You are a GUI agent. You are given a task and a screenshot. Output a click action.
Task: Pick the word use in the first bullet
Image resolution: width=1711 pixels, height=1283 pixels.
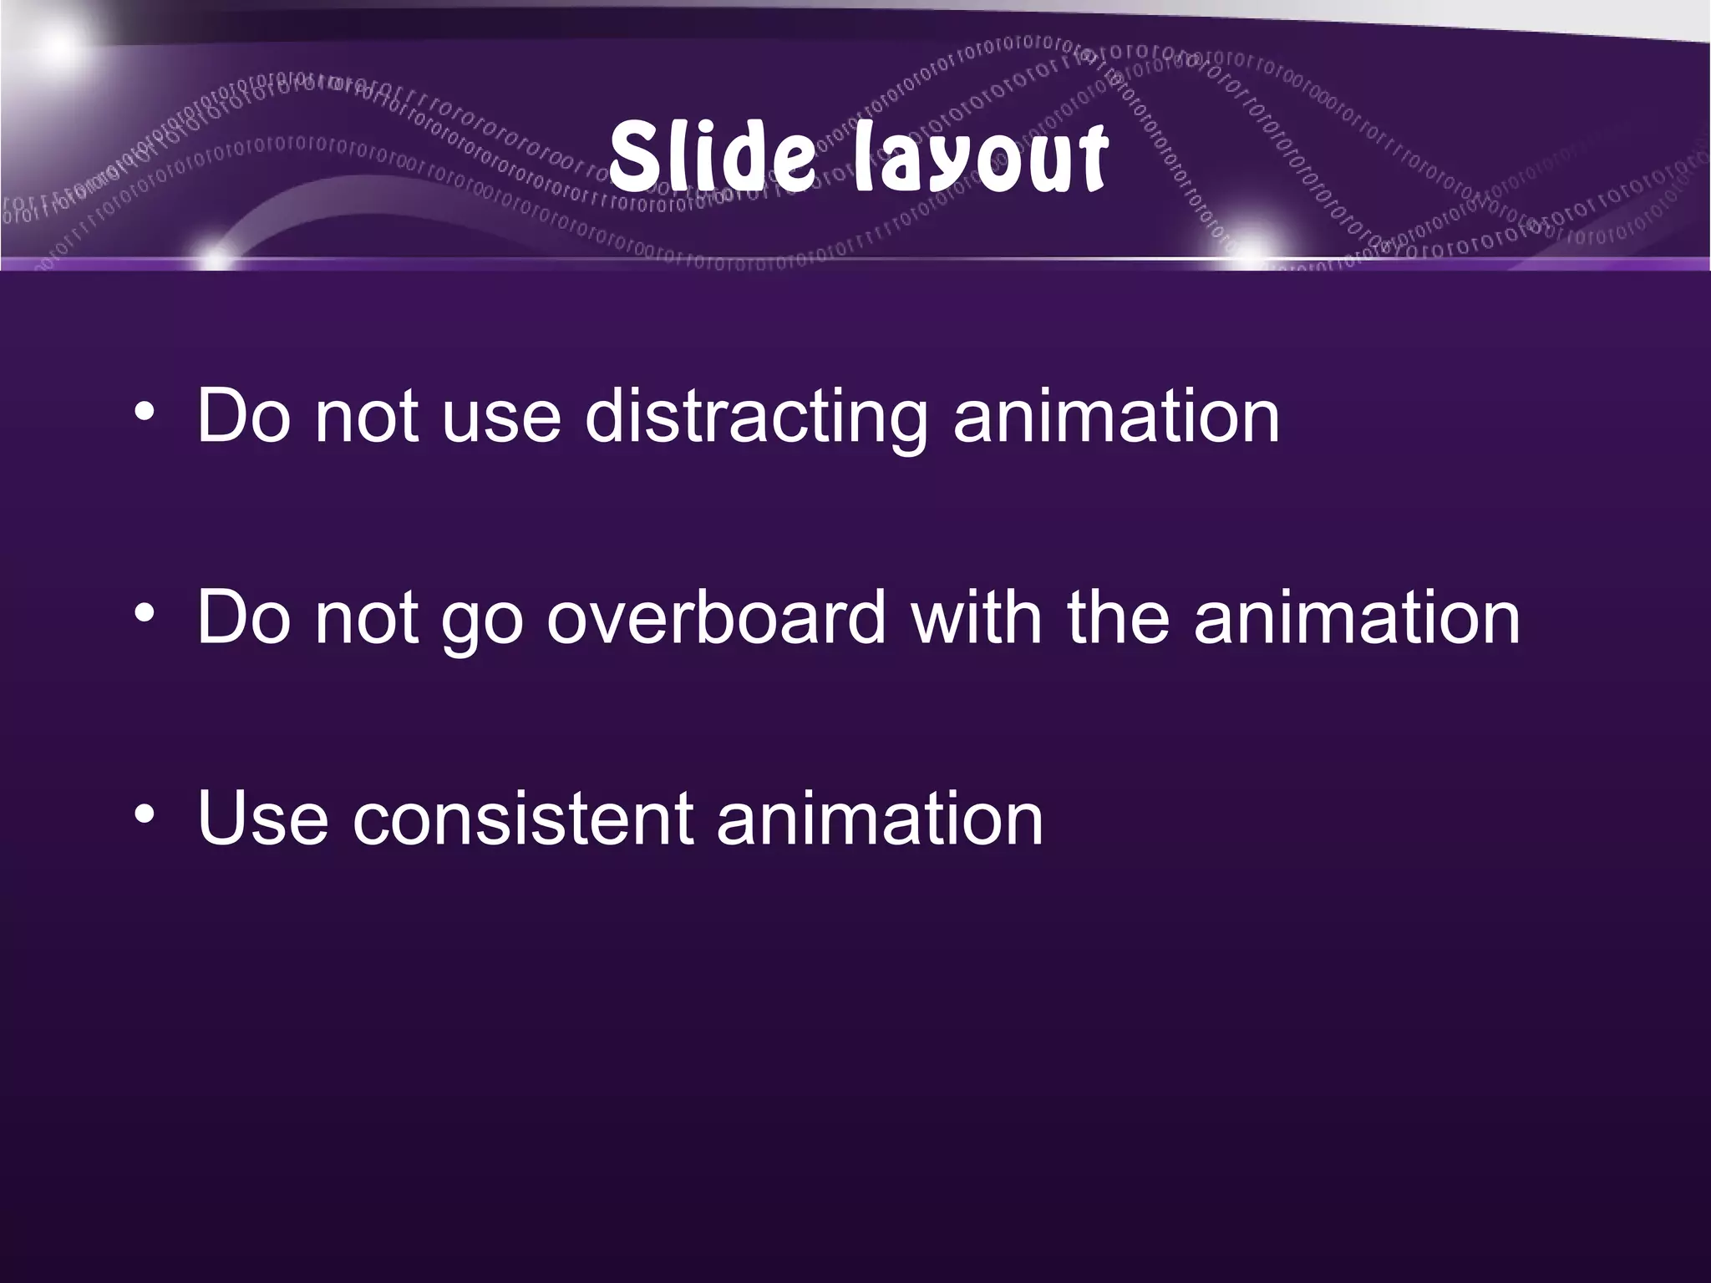click(500, 418)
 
